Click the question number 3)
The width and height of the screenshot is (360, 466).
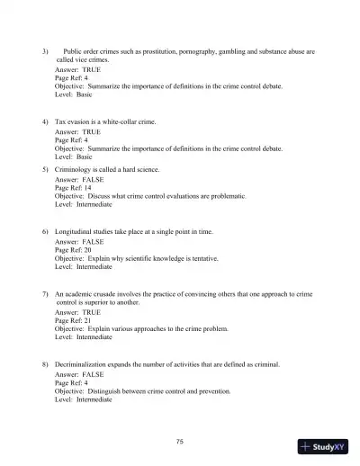[x=45, y=51]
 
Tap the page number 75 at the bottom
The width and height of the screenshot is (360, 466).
[x=180, y=440]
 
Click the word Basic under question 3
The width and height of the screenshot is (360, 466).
[x=84, y=94]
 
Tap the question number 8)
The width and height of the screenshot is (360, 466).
[x=45, y=364]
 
